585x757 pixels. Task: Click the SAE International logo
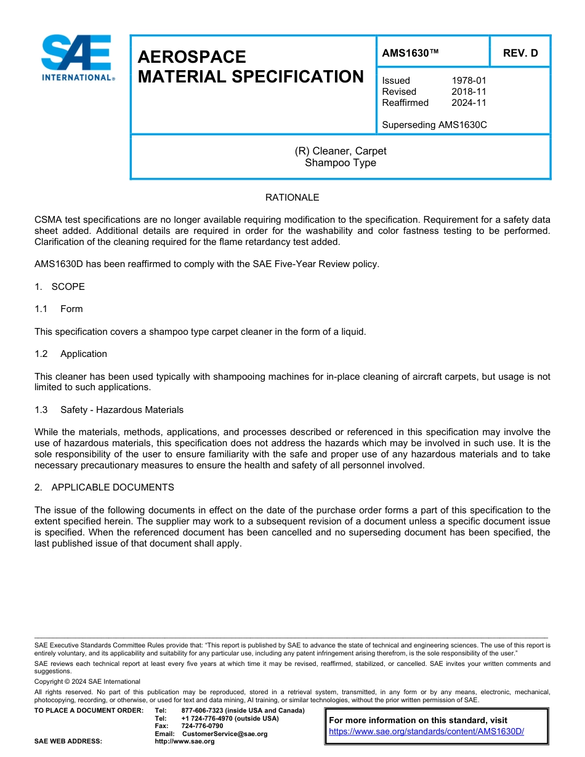(77, 57)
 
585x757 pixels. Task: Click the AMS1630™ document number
(410, 53)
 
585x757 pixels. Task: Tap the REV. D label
(520, 53)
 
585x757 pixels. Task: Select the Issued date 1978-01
(469, 81)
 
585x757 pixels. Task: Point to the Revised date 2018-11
(469, 92)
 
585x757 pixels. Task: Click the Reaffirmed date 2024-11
(469, 103)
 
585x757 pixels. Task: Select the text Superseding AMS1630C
(434, 125)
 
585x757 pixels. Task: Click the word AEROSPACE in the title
(192, 57)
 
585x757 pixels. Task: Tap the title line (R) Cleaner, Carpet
(341, 151)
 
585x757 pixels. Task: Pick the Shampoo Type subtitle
(341, 163)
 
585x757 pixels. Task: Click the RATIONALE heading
(292, 198)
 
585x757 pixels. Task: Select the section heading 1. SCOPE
(60, 287)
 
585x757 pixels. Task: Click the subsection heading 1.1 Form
(58, 309)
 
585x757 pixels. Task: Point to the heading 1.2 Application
(71, 354)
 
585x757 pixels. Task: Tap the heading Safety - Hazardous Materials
(121, 410)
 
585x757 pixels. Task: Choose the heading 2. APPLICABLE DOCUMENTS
(104, 487)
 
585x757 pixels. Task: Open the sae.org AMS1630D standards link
(426, 732)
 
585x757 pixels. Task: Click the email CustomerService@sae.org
(225, 734)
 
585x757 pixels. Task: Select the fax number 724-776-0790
(202, 726)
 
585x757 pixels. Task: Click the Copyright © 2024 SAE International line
(87, 681)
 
